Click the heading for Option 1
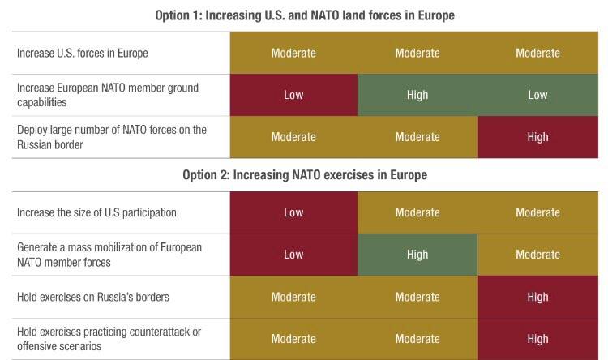(304, 15)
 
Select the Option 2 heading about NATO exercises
(304, 174)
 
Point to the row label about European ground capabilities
(107, 95)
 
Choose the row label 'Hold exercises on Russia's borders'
(93, 297)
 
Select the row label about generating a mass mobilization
(109, 255)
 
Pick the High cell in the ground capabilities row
(417, 95)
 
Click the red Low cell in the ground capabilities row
(293, 95)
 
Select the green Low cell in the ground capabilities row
(537, 95)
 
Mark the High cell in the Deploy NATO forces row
(537, 137)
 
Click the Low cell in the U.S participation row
(293, 212)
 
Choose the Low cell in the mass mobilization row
(293, 255)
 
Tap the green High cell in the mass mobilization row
(417, 255)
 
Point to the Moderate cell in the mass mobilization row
(537, 255)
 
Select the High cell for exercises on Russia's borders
(537, 297)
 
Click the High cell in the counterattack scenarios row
(537, 339)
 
